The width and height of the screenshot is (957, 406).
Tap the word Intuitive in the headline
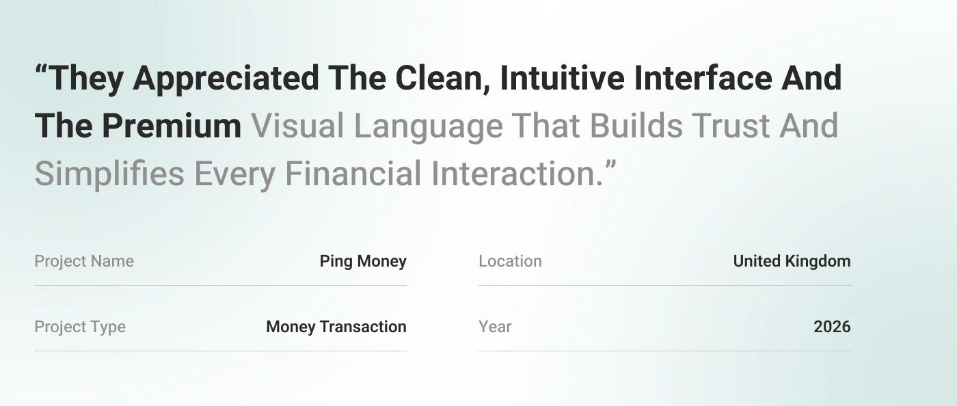coord(562,78)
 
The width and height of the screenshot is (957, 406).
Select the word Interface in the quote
coord(703,78)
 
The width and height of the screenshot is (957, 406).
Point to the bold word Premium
coord(172,126)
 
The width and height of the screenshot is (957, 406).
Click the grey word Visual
coord(297,126)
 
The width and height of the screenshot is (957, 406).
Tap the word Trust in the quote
coord(731,126)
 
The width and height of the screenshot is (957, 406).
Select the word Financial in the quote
coord(353,174)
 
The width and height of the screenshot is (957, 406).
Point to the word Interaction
coord(517,174)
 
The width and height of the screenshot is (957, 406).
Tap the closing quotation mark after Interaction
coord(611,165)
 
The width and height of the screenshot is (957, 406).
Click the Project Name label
coord(84,261)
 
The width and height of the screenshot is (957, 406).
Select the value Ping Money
coord(363,261)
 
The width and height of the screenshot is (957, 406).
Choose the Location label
coord(510,261)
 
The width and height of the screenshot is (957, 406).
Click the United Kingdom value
coord(792,261)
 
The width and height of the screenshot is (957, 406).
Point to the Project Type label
coord(80,327)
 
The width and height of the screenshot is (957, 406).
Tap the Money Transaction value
coord(336,327)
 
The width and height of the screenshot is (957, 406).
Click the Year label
coord(495,327)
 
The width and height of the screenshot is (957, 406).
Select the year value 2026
coord(833,327)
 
